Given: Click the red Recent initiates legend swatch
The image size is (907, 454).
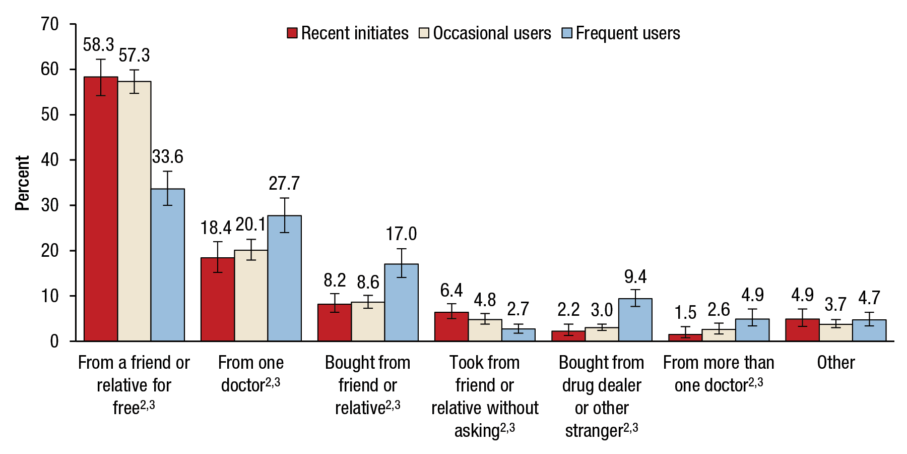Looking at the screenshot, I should pyautogui.click(x=292, y=33).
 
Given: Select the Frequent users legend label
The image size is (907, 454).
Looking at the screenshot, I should pyautogui.click(x=627, y=33).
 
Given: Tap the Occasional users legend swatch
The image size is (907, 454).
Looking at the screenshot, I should pyautogui.click(x=424, y=33).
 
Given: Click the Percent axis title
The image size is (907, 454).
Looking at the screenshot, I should pyautogui.click(x=22, y=183).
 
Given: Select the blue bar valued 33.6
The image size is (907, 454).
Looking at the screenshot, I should pyautogui.click(x=168, y=265).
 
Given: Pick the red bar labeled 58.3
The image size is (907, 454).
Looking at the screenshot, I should pyautogui.click(x=101, y=209).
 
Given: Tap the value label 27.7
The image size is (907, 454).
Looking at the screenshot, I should pyautogui.click(x=284, y=184).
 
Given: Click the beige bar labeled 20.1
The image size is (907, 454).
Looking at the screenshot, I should pyautogui.click(x=251, y=296).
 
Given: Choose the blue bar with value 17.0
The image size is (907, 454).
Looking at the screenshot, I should pyautogui.click(x=401, y=303).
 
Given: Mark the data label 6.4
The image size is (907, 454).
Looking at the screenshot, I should pyautogui.click(x=451, y=291).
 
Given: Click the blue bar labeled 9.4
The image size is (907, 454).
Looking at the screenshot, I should pyautogui.click(x=635, y=320).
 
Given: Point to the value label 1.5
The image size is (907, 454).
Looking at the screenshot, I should pyautogui.click(x=685, y=313).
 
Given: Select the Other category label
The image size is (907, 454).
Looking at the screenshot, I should pyautogui.click(x=835, y=363).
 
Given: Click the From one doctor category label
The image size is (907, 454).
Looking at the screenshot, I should pyautogui.click(x=250, y=374).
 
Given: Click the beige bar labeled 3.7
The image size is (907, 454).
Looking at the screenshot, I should pyautogui.click(x=835, y=333).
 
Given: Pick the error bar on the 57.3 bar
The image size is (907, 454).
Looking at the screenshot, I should pyautogui.click(x=134, y=81).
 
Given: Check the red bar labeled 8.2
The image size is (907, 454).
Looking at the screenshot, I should pyautogui.click(x=335, y=323).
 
